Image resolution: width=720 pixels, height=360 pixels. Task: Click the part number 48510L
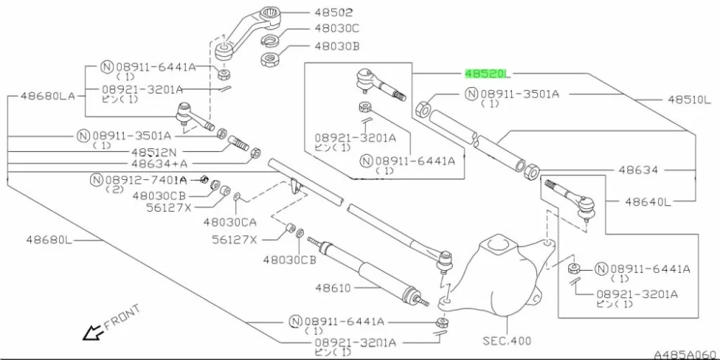[688, 100]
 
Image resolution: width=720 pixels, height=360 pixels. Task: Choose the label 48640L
[647, 202]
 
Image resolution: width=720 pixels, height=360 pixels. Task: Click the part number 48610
[332, 288]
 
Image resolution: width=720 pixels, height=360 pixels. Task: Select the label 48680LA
[48, 94]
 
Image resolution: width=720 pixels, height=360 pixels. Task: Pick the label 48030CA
[230, 222]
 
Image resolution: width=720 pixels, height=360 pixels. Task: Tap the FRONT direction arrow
[93, 333]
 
